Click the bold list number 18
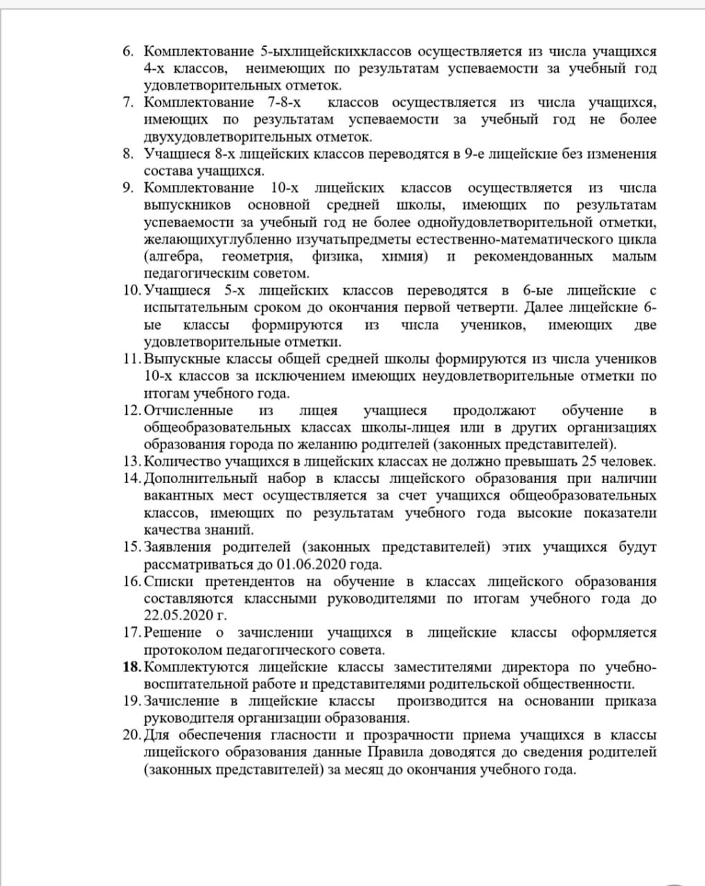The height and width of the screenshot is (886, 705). (x=131, y=667)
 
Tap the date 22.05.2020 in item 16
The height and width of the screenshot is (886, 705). (x=177, y=615)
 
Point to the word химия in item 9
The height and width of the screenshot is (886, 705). (x=404, y=257)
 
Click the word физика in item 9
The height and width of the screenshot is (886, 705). (x=337, y=257)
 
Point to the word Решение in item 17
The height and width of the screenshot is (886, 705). (x=173, y=633)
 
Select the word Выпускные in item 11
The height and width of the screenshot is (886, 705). (x=181, y=359)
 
